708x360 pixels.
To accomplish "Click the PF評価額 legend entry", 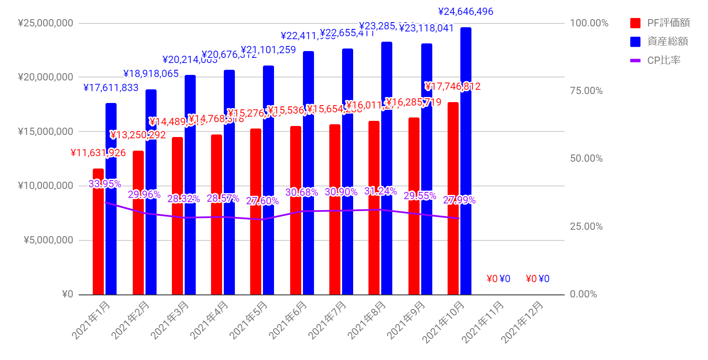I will pyautogui.click(x=660, y=23).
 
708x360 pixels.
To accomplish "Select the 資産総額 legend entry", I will pyautogui.click(x=660, y=41).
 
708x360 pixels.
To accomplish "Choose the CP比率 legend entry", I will pyautogui.click(x=656, y=60).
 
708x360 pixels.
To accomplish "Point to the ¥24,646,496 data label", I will pyautogui.click(x=465, y=11).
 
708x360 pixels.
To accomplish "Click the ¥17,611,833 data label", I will pyautogui.click(x=111, y=88).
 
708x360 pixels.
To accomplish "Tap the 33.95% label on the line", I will pyautogui.click(x=105, y=184).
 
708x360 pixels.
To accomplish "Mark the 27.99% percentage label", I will pyautogui.click(x=459, y=200).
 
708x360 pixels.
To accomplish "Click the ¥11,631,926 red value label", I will pyautogui.click(x=98, y=153).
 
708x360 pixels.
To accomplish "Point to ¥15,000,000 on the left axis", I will pyautogui.click(x=46, y=131).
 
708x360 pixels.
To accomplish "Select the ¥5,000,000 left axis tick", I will pyautogui.click(x=49, y=240).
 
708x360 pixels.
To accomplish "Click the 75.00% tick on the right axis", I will pyautogui.click(x=586, y=91).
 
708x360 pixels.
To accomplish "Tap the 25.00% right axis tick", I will pyautogui.click(x=586, y=226).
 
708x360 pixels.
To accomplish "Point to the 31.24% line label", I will pyautogui.click(x=380, y=191).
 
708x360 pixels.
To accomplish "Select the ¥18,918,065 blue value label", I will pyautogui.click(x=151, y=74).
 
